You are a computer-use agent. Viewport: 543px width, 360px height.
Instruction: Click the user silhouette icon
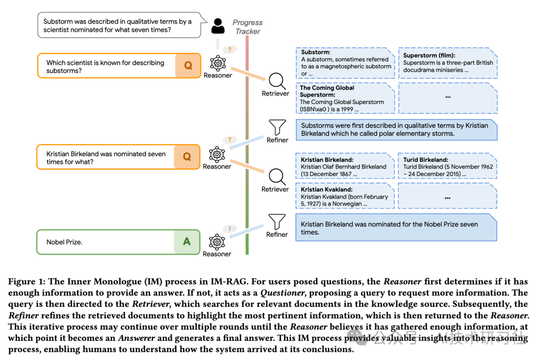tap(218, 27)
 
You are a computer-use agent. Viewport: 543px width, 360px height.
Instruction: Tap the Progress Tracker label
tap(247, 27)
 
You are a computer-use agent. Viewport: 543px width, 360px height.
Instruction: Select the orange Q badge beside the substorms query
tap(188, 66)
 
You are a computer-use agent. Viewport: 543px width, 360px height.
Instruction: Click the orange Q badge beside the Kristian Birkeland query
tap(187, 156)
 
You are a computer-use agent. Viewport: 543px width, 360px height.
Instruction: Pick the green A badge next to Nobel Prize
tap(187, 242)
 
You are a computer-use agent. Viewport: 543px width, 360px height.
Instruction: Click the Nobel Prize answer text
tap(64, 242)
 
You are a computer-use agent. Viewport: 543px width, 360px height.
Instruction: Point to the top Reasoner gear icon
tap(217, 63)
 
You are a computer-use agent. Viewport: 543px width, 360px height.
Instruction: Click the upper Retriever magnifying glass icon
tap(276, 80)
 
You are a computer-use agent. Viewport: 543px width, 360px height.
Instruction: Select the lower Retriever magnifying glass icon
tap(276, 176)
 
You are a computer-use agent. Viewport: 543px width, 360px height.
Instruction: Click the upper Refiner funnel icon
tap(277, 128)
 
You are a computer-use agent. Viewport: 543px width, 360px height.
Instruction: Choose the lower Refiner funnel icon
tap(277, 222)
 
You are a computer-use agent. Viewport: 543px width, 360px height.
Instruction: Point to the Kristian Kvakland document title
tap(326, 190)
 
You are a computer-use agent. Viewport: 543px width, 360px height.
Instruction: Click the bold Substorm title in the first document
tap(315, 52)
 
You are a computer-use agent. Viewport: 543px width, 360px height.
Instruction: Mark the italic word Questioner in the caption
tap(294, 293)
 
